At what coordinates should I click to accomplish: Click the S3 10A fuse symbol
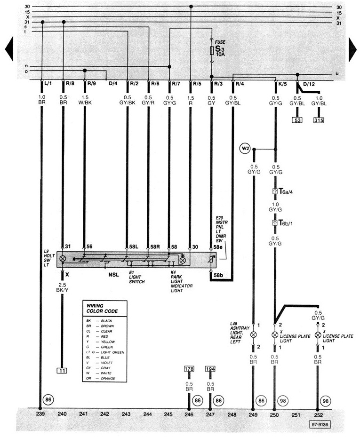tap(211, 50)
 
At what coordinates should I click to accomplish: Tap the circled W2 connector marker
tap(245, 150)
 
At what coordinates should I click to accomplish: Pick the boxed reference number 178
tap(190, 368)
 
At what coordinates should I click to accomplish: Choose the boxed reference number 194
tap(210, 368)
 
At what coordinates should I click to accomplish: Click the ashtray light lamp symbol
tap(254, 335)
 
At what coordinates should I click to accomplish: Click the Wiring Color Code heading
tap(102, 309)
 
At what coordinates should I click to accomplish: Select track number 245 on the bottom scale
tap(168, 415)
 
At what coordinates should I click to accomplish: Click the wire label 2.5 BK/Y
tap(63, 288)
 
